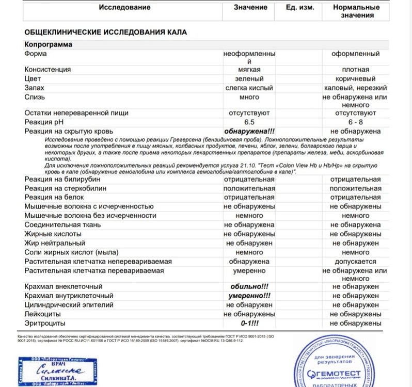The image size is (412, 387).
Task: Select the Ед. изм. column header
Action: click(299, 7)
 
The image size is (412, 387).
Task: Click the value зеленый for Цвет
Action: click(249, 78)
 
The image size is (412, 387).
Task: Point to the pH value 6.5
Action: click(249, 122)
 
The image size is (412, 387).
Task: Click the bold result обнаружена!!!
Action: click(249, 131)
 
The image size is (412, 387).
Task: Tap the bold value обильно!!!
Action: click(249, 286)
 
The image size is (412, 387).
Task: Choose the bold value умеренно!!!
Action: click(249, 296)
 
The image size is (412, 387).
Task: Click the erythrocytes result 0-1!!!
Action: click(249, 324)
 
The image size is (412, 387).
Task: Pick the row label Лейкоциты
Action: click(44, 314)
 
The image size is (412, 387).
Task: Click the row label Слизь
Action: click(35, 97)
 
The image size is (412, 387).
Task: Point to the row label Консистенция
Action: click(47, 69)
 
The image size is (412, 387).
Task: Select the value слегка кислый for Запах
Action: click(249, 88)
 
